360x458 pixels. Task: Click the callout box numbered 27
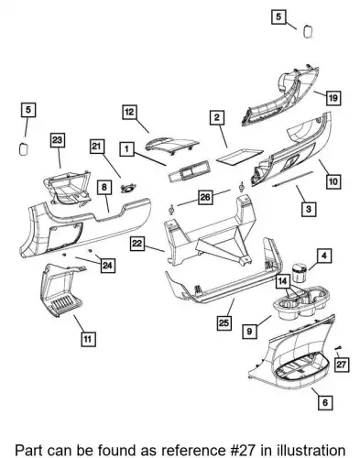tap(341, 364)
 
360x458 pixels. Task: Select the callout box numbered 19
tap(333, 98)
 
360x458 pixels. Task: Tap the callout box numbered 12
tap(130, 112)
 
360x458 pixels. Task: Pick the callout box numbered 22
tap(137, 244)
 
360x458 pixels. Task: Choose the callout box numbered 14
tap(283, 281)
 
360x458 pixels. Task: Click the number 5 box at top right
tap(278, 16)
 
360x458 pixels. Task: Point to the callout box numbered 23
tap(58, 140)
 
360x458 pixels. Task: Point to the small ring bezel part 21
tap(128, 189)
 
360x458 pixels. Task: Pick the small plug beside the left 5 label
tap(23, 149)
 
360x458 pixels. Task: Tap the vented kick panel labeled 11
tap(61, 290)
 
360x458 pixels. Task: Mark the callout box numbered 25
tap(224, 322)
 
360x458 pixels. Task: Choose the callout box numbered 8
tap(104, 187)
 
